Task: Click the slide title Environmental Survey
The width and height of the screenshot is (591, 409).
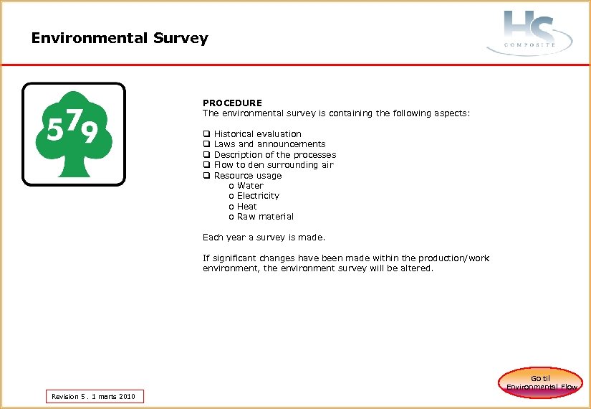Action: pos(120,38)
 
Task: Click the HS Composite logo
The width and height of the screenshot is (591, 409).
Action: pos(529,32)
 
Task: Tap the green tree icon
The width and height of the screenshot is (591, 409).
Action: pos(74,134)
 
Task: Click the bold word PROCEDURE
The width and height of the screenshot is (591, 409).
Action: pos(232,103)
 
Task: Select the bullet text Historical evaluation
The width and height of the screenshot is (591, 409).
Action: pos(257,134)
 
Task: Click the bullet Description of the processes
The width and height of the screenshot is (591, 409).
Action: pos(274,154)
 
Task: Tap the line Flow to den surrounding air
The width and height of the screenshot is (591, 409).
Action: pos(274,165)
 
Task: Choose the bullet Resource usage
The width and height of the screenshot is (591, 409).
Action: pos(248,175)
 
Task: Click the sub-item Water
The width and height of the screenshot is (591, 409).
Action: pos(250,186)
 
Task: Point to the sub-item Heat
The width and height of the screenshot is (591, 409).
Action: pos(247,207)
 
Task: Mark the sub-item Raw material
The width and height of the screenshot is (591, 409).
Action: pos(265,217)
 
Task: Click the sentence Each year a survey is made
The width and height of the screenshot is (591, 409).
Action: pos(264,238)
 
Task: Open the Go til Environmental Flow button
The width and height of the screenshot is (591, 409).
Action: pos(541,382)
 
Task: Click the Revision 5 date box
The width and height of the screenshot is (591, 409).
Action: pos(95,396)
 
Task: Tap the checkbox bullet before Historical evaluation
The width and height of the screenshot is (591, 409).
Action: pos(206,134)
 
